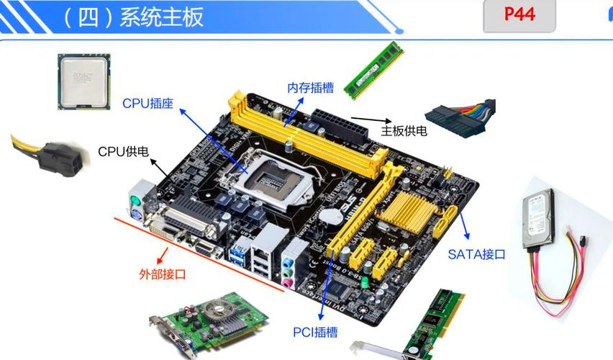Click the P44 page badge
point(519,15)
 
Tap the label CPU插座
point(147,104)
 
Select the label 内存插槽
point(310,88)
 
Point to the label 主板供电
point(404,130)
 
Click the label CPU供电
point(123,151)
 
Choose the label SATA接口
point(476,254)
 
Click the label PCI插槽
point(315,332)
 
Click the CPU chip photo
point(83,81)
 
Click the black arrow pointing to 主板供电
point(370,122)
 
